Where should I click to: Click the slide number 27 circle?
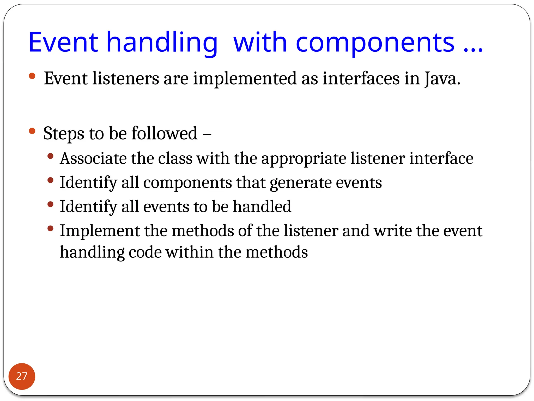[x=22, y=376]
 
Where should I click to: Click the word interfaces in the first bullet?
[x=361, y=78]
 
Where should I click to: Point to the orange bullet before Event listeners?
[x=32, y=76]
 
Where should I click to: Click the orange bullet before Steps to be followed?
[x=32, y=131]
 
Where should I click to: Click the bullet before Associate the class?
[x=51, y=156]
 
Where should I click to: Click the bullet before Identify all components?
[x=51, y=180]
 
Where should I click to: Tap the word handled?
[x=262, y=207]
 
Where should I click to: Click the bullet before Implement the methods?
[x=51, y=229]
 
